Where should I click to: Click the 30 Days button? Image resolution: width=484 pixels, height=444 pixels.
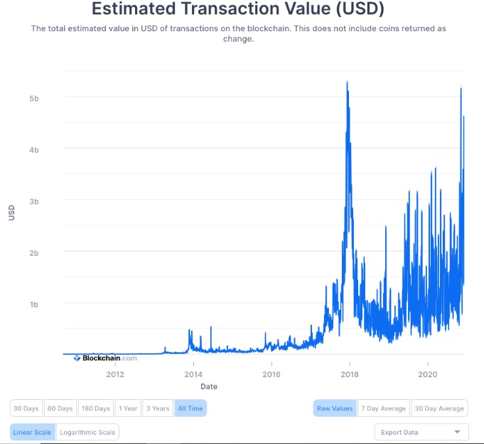point(26,408)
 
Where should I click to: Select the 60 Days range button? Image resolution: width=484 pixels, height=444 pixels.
point(60,408)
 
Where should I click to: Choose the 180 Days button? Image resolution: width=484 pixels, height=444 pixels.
point(96,408)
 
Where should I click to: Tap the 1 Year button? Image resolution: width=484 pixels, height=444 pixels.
point(128,408)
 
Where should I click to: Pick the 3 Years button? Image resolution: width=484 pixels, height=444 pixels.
point(158,408)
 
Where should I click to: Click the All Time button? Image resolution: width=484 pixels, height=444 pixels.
point(190,408)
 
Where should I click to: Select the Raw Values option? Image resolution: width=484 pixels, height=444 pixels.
point(335,408)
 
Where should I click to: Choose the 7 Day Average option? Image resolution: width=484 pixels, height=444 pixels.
point(384,408)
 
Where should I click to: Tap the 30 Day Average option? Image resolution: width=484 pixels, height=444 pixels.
point(439,408)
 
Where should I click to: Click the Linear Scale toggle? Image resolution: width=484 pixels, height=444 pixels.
point(33,432)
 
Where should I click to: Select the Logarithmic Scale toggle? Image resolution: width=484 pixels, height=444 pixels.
point(87,432)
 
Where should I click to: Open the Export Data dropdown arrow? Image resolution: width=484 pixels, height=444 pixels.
point(458,432)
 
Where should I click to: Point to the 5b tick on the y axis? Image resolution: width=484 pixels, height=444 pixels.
point(34,99)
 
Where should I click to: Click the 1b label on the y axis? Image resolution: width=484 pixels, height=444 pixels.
point(34,305)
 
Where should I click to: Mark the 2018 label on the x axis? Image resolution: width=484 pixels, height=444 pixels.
point(350,374)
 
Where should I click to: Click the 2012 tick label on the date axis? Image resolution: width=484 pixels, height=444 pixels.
point(115,374)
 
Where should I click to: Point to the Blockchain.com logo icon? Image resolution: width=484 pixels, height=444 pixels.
point(77,358)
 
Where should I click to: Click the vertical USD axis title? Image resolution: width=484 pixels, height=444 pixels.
point(11,212)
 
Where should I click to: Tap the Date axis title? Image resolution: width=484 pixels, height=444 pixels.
point(209,386)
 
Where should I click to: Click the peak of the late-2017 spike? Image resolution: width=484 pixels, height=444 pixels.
point(347,82)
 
